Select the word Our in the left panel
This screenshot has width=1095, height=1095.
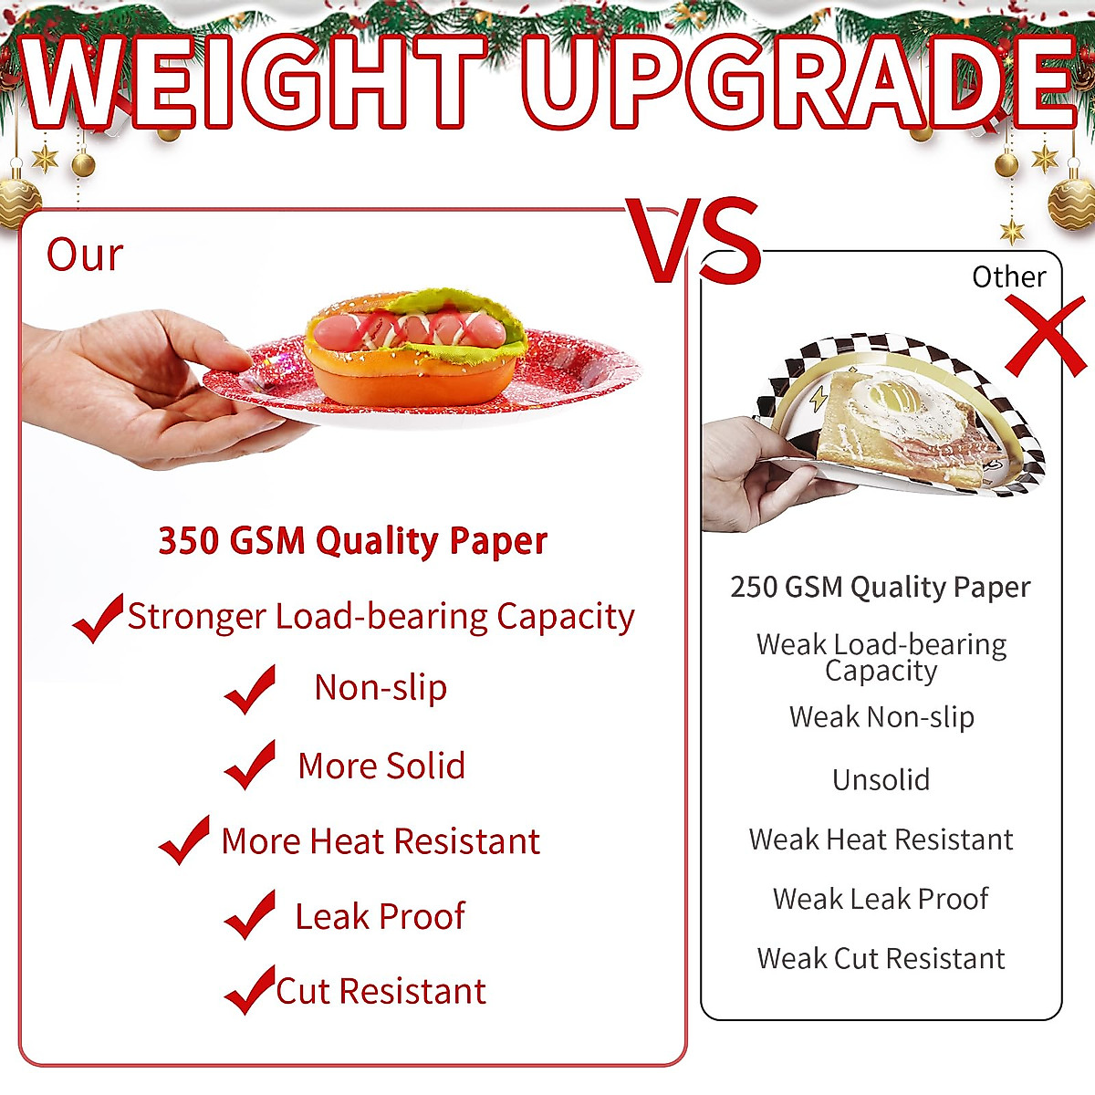point(84,255)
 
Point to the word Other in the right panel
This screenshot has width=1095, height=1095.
point(1008,276)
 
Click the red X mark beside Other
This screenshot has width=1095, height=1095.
point(1047,336)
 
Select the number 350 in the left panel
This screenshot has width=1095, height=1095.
point(188,541)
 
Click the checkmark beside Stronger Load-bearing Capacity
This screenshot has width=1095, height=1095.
point(98,618)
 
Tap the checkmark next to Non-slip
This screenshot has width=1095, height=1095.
point(250,689)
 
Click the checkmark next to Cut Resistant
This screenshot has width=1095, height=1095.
point(250,990)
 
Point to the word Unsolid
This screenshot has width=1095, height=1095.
point(881,780)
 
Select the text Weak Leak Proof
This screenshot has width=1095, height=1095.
point(881,899)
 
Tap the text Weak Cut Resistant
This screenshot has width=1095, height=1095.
point(881,958)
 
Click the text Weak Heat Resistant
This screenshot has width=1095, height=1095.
point(881,839)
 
